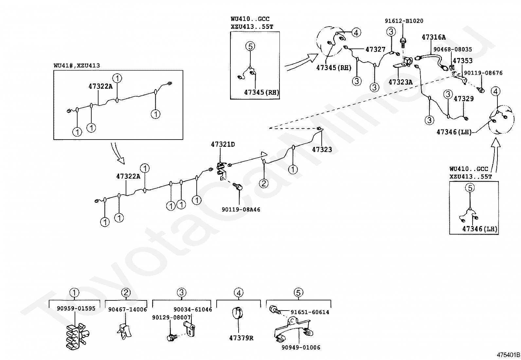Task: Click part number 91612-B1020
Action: (404, 21)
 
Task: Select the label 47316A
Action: (434, 37)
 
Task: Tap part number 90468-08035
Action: (453, 49)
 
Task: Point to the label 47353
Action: (462, 61)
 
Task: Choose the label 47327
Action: (375, 49)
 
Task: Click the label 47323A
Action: (400, 82)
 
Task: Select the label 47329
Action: (463, 99)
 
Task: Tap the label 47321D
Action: (223, 144)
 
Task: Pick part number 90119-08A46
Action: (241, 209)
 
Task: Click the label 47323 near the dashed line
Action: (322, 150)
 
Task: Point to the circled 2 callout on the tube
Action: (264, 183)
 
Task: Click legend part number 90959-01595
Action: (76, 308)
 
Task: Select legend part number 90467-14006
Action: (128, 309)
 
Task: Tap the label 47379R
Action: (241, 338)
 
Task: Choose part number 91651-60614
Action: (310, 312)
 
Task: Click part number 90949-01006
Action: (301, 348)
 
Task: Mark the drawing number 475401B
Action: (508, 355)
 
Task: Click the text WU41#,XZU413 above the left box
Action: (77, 66)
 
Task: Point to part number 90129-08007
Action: (171, 317)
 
